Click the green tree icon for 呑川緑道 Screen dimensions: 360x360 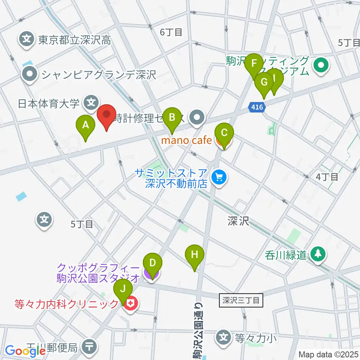pyautogui.click(x=318, y=255)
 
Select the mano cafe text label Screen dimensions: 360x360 pyautogui.click(x=186, y=141)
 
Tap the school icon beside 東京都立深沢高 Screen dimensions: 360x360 pyautogui.click(x=27, y=39)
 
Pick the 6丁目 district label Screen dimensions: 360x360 pyautogui.click(x=171, y=33)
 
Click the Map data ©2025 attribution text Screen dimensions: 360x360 pyautogui.click(x=328, y=354)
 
